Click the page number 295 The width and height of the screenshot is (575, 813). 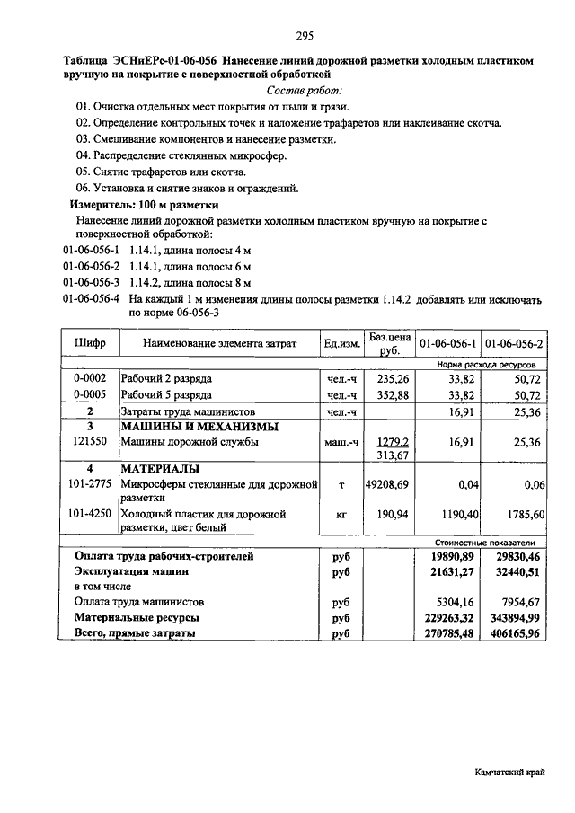pyautogui.click(x=304, y=36)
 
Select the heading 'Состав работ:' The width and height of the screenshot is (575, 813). pyautogui.click(x=305, y=91)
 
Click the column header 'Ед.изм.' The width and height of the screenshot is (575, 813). pyautogui.click(x=341, y=344)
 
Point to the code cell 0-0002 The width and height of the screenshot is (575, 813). pyautogui.click(x=90, y=379)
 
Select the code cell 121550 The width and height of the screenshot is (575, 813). pyautogui.click(x=90, y=441)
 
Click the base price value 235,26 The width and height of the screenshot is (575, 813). pyautogui.click(x=392, y=379)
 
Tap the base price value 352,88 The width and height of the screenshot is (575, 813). pyautogui.click(x=392, y=394)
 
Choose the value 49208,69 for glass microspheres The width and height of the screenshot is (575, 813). pyautogui.click(x=387, y=484)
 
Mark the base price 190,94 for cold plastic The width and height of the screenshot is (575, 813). pyautogui.click(x=392, y=515)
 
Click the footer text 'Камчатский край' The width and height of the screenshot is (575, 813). pyautogui.click(x=509, y=773)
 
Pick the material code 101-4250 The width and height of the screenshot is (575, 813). pyautogui.click(x=90, y=515)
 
